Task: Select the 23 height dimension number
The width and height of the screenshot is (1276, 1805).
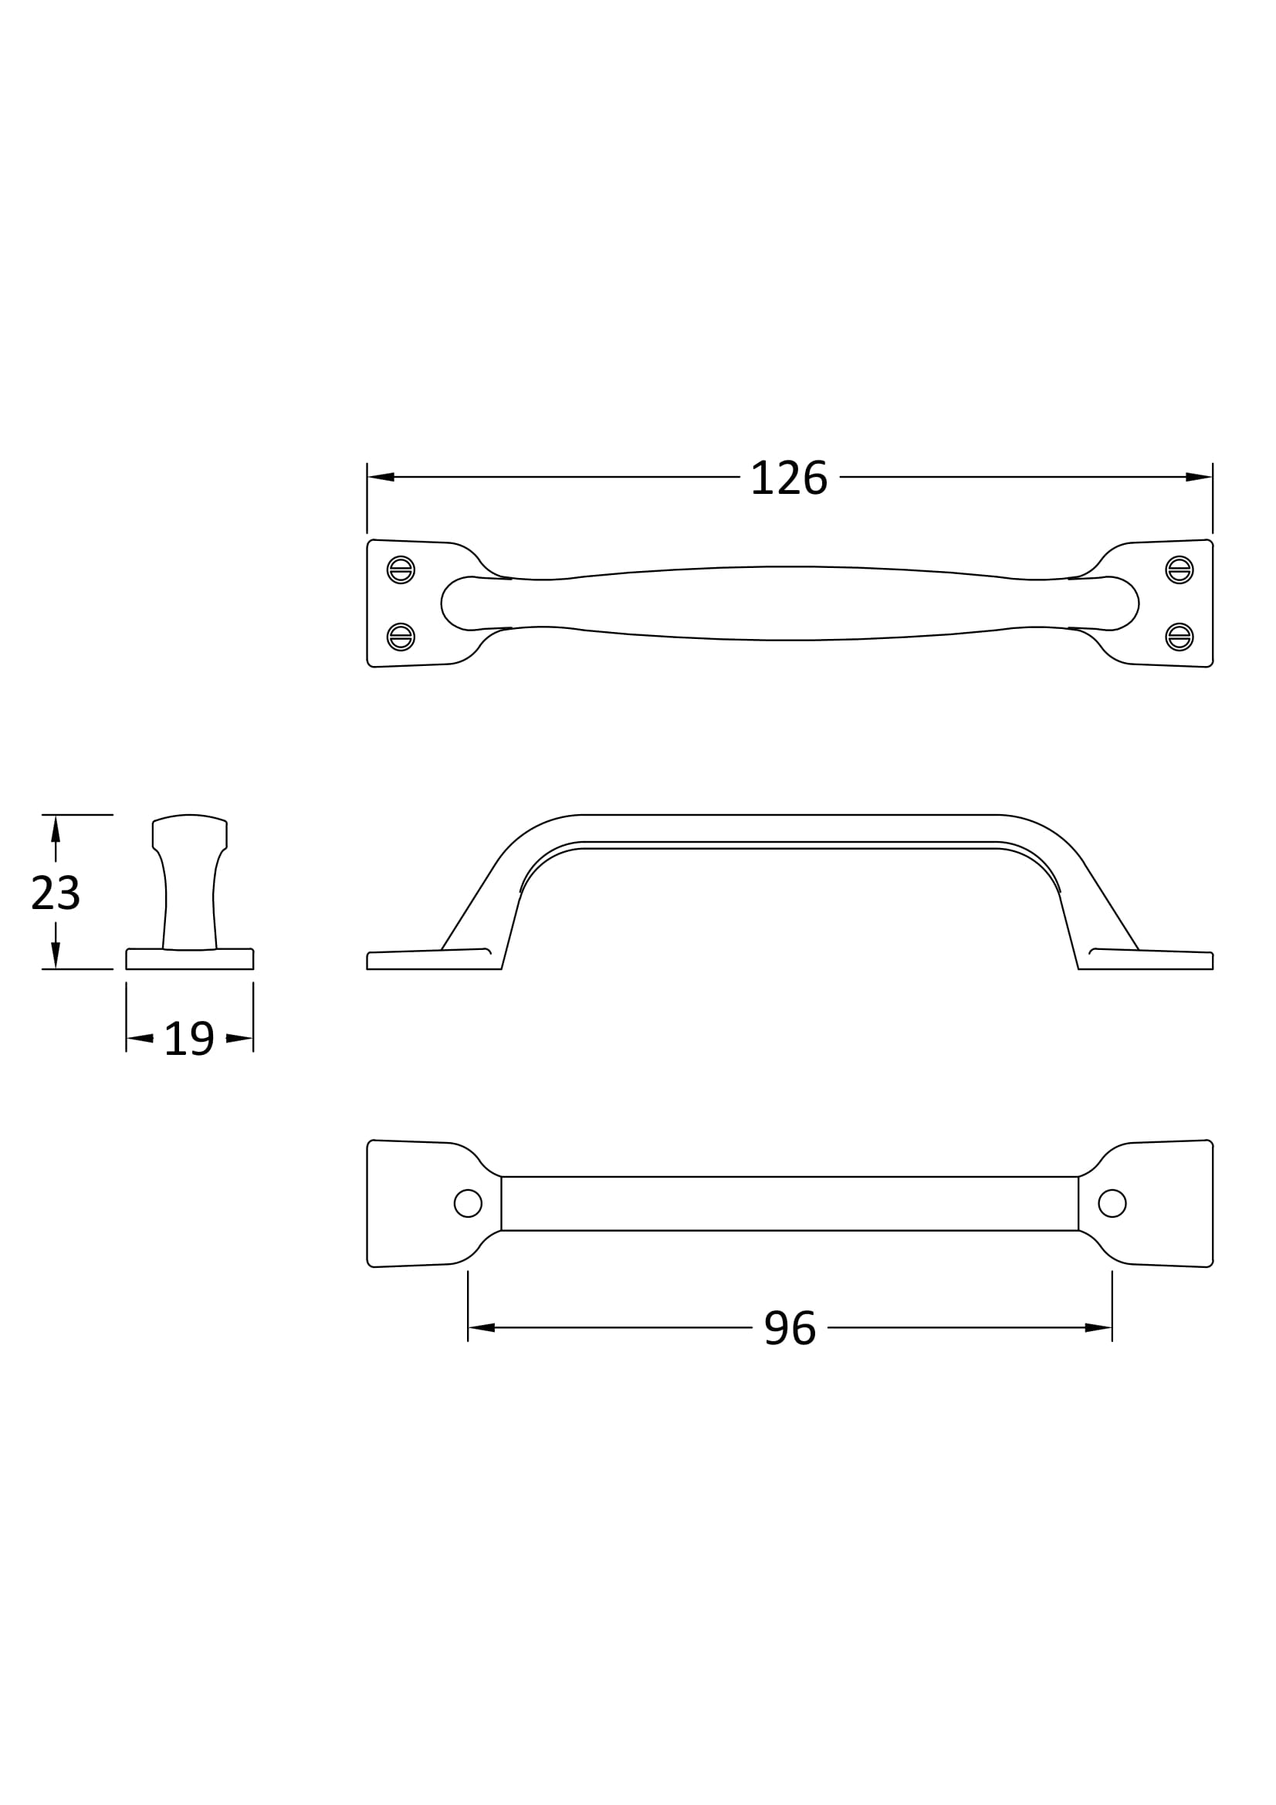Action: pyautogui.click(x=55, y=894)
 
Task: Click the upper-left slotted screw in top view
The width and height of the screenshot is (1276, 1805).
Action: pyautogui.click(x=401, y=570)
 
